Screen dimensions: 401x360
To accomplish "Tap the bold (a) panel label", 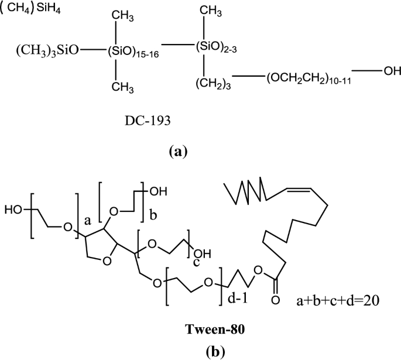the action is tap(177, 152).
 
